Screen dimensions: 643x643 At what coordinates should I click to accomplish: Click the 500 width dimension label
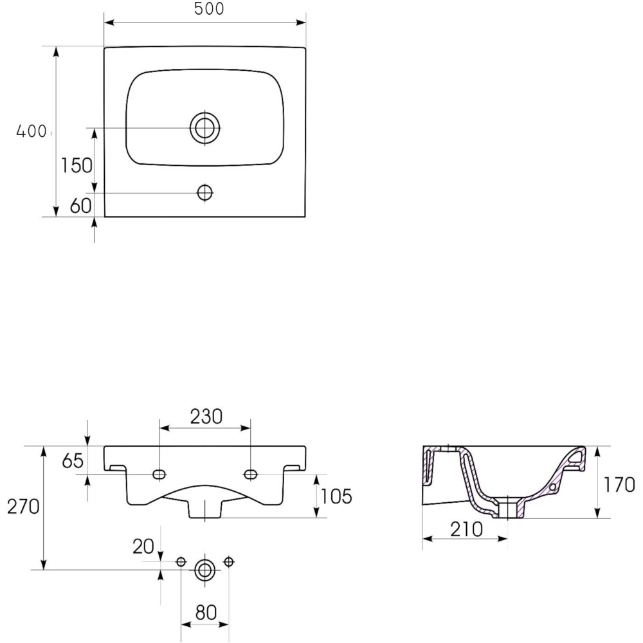click(x=209, y=8)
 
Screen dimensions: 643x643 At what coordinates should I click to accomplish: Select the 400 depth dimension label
click(x=31, y=131)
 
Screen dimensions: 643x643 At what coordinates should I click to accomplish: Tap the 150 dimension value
click(x=77, y=166)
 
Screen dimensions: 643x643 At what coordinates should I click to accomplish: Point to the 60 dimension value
click(x=81, y=206)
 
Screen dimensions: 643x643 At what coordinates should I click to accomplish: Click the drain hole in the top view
click(x=205, y=128)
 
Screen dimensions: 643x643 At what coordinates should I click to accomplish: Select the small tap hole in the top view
click(x=205, y=192)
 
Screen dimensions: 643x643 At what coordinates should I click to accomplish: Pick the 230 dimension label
click(x=206, y=417)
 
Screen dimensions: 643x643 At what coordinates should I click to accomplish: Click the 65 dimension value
click(x=73, y=461)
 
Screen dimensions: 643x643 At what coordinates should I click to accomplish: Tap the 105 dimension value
click(x=336, y=496)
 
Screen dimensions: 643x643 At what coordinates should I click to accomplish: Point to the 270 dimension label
click(x=23, y=507)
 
